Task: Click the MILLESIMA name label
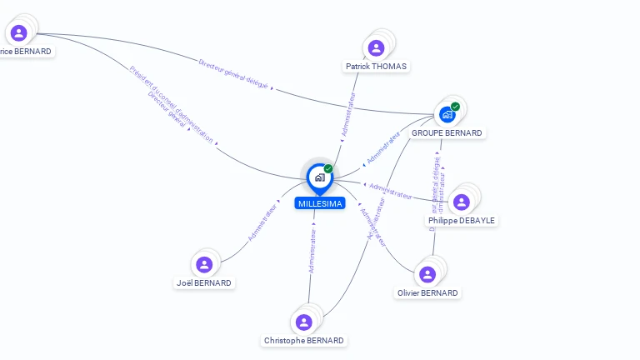pyautogui.click(x=319, y=203)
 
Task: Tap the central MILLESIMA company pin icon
pyautogui.click(x=319, y=177)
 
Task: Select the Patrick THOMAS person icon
pyautogui.click(x=376, y=47)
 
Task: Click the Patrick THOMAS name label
pyautogui.click(x=377, y=66)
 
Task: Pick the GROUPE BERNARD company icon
pyautogui.click(x=447, y=114)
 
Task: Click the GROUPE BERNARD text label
pyautogui.click(x=447, y=133)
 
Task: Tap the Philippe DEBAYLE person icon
pyautogui.click(x=462, y=202)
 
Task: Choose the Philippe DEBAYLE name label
pyautogui.click(x=462, y=221)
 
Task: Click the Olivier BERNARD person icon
pyautogui.click(x=427, y=274)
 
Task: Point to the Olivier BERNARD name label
pyautogui.click(x=427, y=293)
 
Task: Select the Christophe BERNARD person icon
pyautogui.click(x=303, y=322)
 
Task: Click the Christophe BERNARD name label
pyautogui.click(x=303, y=341)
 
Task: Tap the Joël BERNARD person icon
pyautogui.click(x=204, y=264)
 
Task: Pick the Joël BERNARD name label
pyautogui.click(x=204, y=283)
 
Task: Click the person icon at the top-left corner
pyautogui.click(x=18, y=32)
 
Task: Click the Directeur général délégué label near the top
pyautogui.click(x=233, y=73)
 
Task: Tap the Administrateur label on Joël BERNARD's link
pyautogui.click(x=262, y=224)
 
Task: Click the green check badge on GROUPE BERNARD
pyautogui.click(x=455, y=107)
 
